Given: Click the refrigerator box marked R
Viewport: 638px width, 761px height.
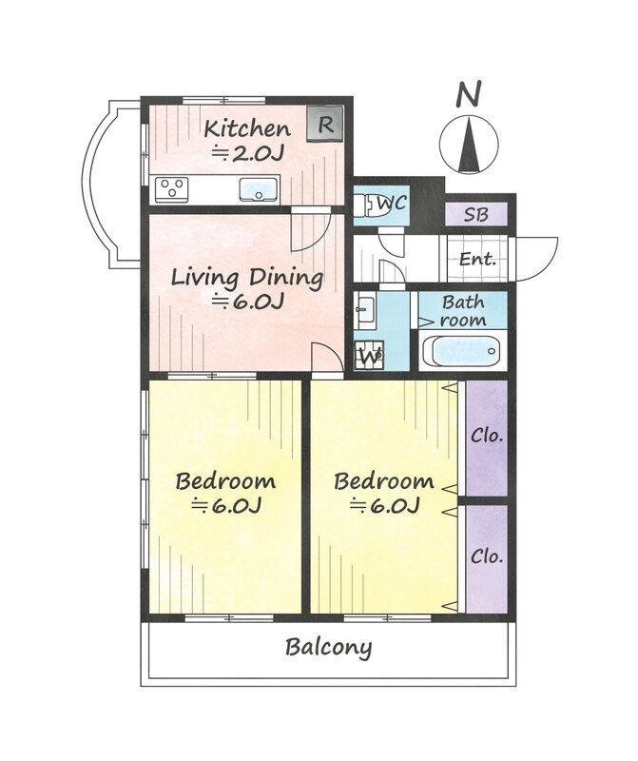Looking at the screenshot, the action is (x=324, y=124).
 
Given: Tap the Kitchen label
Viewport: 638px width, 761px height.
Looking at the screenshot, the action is (x=247, y=128).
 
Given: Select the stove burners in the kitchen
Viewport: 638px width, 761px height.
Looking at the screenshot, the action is (x=172, y=188).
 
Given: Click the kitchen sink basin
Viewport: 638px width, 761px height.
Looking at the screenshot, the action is (x=259, y=189).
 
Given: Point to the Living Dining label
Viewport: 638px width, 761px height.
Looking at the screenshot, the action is (x=247, y=278).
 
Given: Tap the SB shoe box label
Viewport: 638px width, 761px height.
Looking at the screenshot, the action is (x=476, y=215).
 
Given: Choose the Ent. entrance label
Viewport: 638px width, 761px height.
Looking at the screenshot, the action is (x=478, y=259).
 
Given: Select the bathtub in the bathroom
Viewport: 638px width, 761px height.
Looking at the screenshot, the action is (x=461, y=351).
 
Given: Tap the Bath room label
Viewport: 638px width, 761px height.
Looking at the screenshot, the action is (x=463, y=311).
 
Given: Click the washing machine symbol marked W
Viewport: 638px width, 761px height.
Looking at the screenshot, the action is (x=369, y=354).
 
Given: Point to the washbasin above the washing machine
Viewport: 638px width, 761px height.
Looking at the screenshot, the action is (x=364, y=309).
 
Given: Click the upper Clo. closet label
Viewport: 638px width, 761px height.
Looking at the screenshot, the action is (x=487, y=436).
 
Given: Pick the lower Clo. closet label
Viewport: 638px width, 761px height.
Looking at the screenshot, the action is (x=487, y=556).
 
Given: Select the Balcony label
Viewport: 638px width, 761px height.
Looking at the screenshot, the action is (x=328, y=648).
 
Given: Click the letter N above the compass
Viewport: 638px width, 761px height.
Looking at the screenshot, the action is (x=469, y=93).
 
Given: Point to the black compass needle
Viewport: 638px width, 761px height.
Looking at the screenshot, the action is (x=469, y=145).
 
